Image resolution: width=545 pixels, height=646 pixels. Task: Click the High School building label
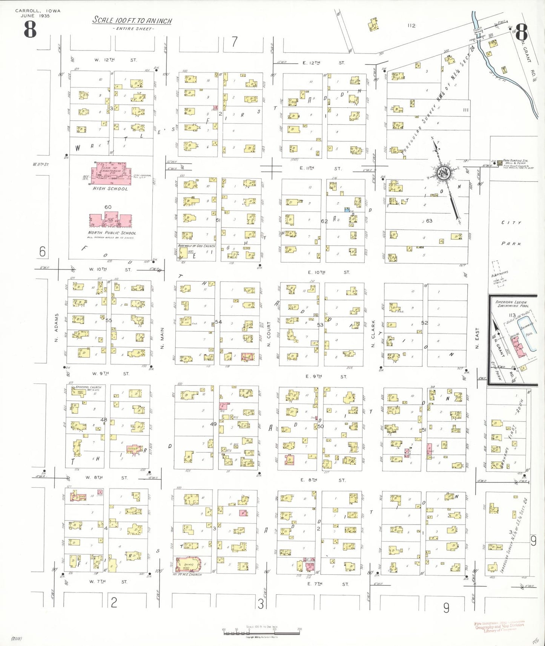tap(110, 189)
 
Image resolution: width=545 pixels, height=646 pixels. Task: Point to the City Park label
tap(511, 233)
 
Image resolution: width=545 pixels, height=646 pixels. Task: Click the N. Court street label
tap(269, 334)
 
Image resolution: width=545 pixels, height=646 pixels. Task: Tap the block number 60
tap(108, 207)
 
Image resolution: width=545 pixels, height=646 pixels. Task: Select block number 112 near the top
tap(411, 26)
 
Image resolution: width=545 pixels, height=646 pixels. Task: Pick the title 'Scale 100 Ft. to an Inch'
tap(132, 20)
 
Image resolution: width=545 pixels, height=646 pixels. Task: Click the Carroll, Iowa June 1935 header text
tap(38, 13)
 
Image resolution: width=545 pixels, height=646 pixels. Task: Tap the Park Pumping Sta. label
tap(515, 161)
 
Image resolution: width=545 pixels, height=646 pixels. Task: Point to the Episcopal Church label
tap(88, 387)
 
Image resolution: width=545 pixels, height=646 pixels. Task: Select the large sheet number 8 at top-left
tap(30, 29)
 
